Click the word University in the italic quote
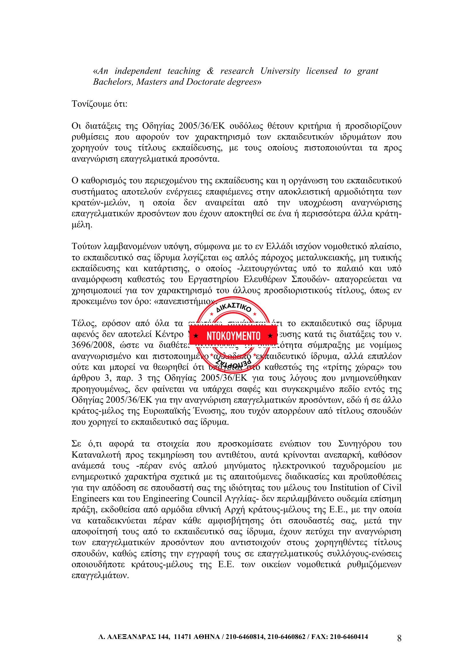pyautogui.click(x=280, y=71)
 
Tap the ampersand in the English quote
pyautogui.click(x=210, y=71)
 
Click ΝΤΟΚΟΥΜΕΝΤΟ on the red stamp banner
pyautogui.click(x=233, y=336)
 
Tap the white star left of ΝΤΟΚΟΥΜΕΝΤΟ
pyautogui.click(x=196, y=336)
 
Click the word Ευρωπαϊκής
pyautogui.click(x=165, y=411)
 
